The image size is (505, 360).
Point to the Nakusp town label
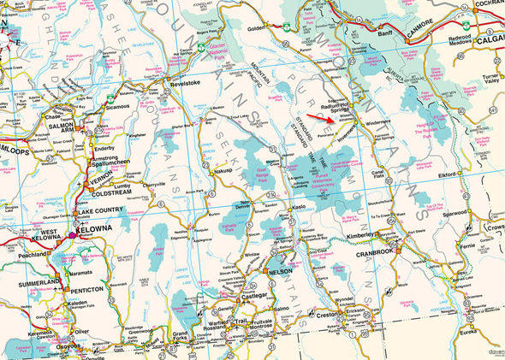point(224,170)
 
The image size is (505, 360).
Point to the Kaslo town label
point(297,208)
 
